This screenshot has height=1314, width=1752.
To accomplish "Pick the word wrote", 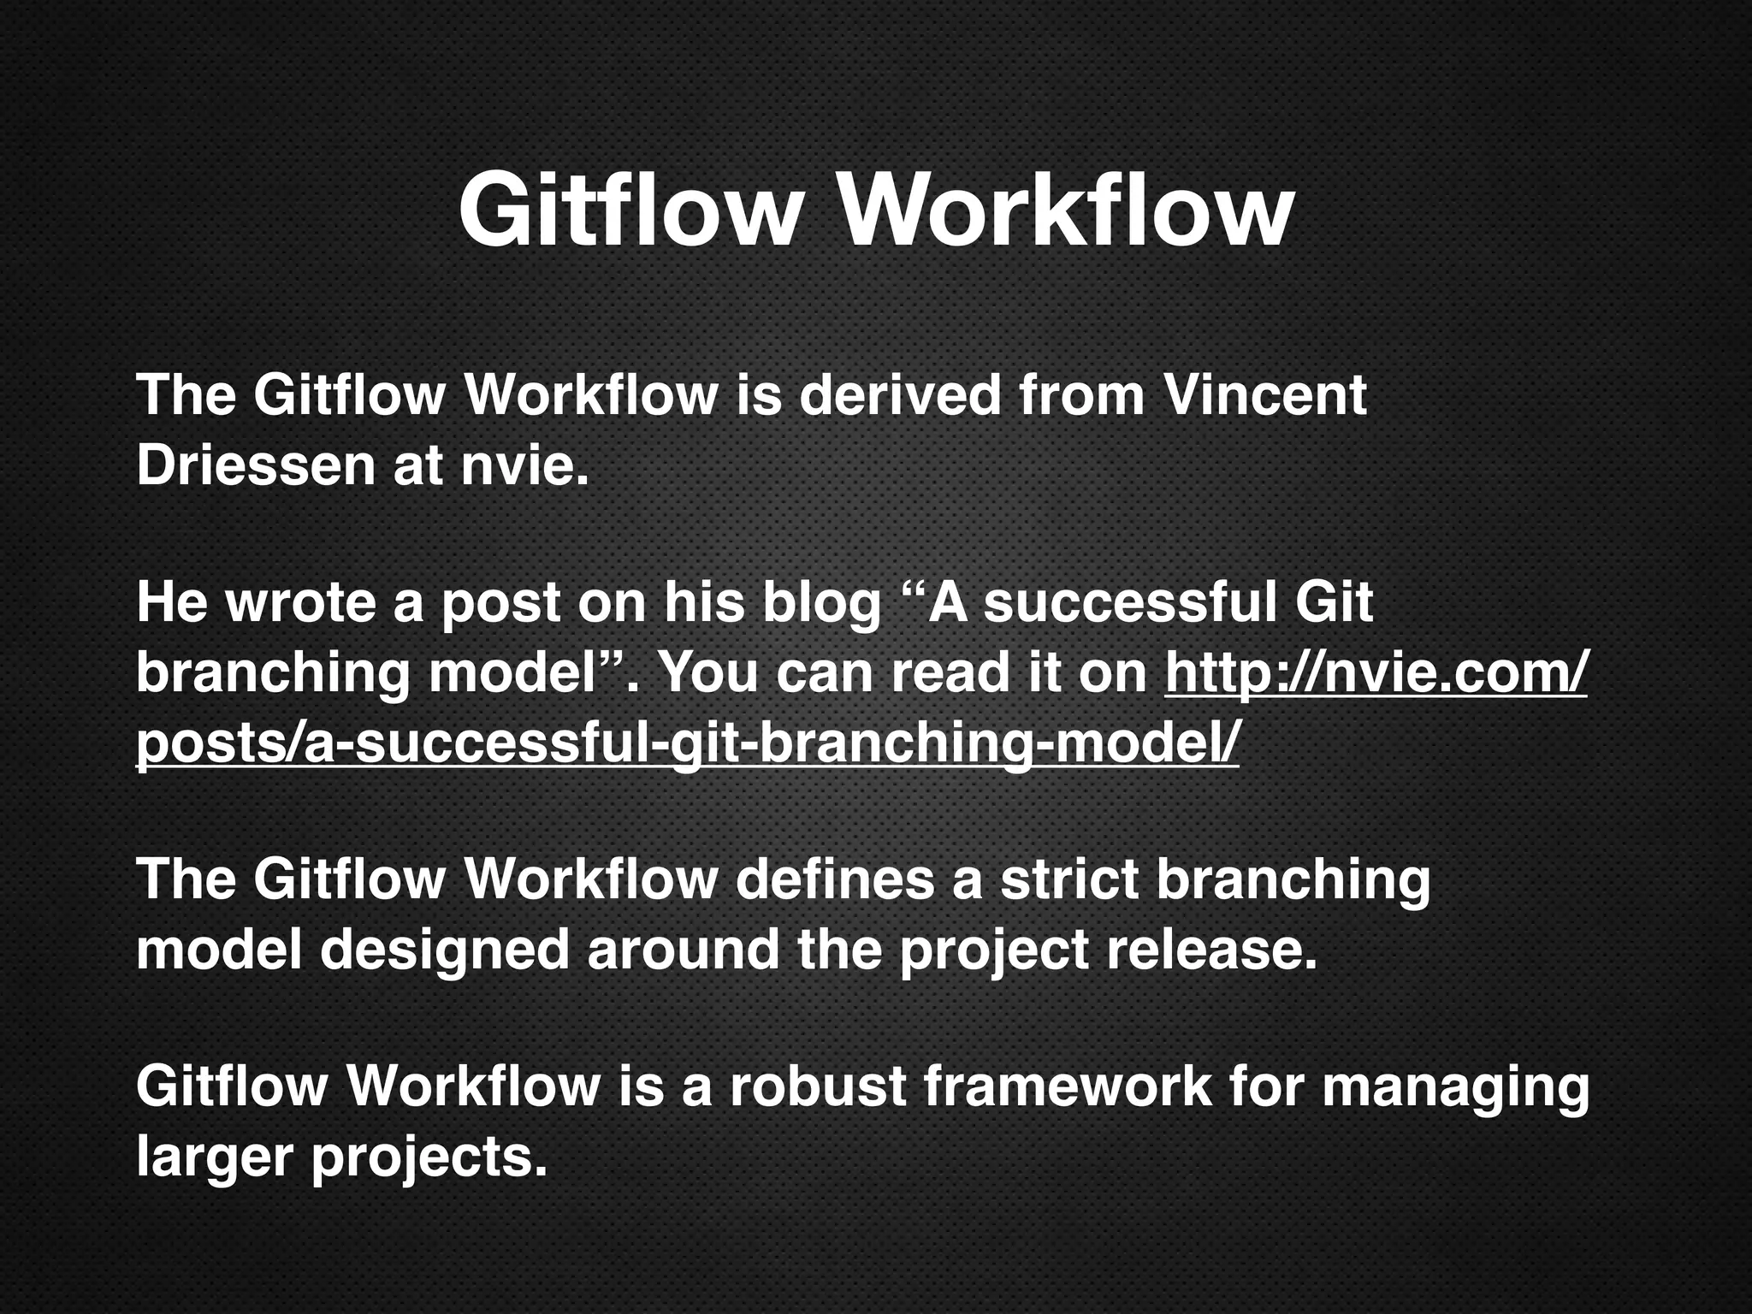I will coord(299,602).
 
